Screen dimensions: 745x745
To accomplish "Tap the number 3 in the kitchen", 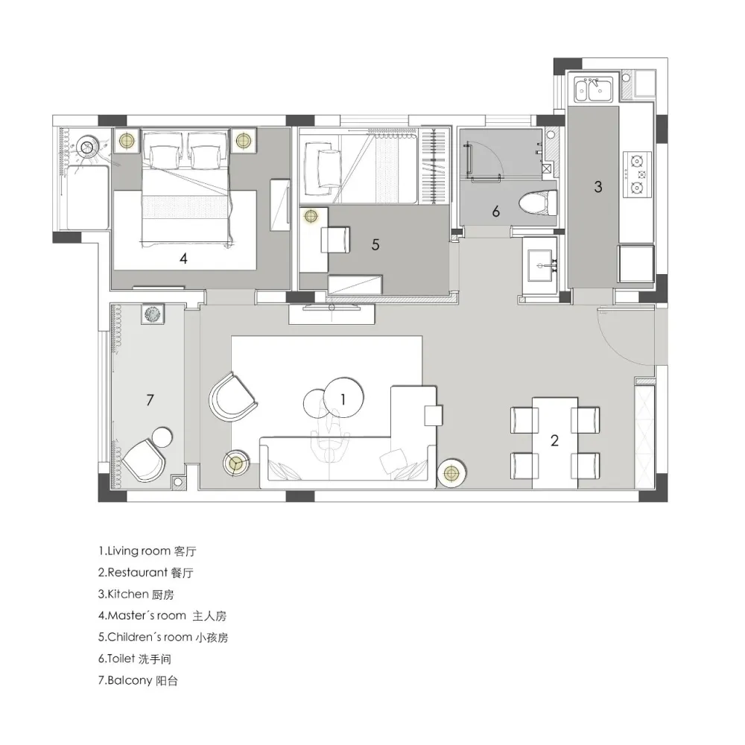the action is [598, 187].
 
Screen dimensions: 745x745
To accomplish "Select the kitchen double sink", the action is [595, 89].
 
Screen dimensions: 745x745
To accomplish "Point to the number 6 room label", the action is [495, 212].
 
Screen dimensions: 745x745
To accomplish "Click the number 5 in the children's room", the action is [375, 244].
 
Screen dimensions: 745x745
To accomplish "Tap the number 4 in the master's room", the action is [183, 258].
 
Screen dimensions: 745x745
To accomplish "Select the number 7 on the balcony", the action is [150, 400].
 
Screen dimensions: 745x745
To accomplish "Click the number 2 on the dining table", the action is [554, 440].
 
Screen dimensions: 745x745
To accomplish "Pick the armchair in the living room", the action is [232, 397].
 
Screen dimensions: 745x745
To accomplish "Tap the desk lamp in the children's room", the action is [310, 216].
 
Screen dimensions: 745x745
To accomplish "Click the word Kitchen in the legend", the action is [128, 594].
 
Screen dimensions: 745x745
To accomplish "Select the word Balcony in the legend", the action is [130, 680].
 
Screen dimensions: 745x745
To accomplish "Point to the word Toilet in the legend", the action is [121, 658].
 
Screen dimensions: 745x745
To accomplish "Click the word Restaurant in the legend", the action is [137, 572].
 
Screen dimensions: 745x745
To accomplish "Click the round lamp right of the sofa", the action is [451, 473].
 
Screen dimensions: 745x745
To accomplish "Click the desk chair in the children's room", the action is [335, 240].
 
